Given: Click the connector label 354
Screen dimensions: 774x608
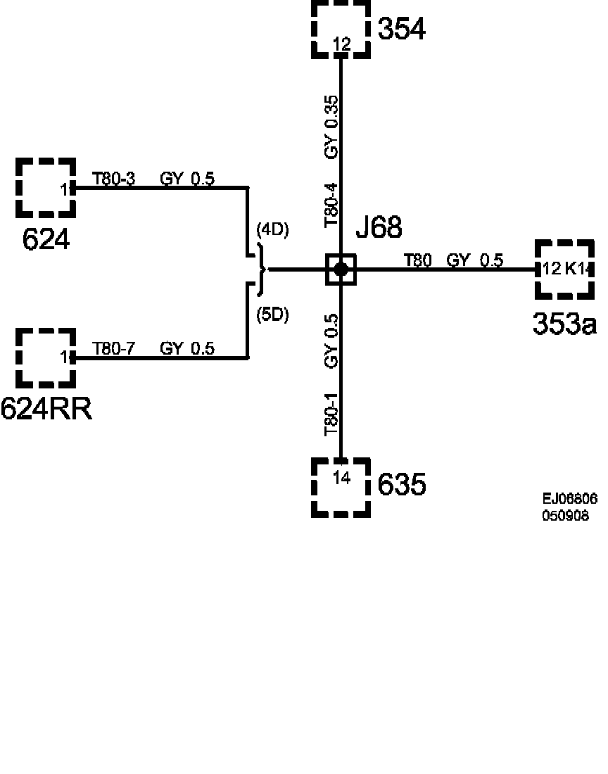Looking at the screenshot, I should click(x=402, y=30).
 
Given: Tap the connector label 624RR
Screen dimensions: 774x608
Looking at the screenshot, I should click(x=46, y=409).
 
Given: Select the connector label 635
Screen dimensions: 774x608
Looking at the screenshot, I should click(x=402, y=485).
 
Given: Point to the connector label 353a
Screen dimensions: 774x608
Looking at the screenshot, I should click(x=564, y=323).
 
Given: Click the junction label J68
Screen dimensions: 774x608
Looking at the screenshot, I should click(x=379, y=228).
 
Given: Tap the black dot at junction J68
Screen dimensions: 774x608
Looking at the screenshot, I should click(x=341, y=269).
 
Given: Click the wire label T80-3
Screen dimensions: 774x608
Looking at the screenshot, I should click(x=114, y=179).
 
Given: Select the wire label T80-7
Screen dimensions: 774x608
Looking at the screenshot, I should click(x=114, y=348).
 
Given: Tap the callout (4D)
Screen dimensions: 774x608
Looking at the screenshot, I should click(x=273, y=229).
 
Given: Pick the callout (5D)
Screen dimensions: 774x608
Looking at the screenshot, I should click(x=273, y=315).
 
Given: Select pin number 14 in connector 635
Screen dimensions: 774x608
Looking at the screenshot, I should click(x=341, y=478).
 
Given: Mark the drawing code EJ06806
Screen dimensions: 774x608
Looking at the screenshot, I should click(x=569, y=499).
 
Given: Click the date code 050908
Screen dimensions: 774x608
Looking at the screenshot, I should click(x=565, y=515).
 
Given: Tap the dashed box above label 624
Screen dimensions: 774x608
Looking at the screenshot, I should click(x=46, y=187).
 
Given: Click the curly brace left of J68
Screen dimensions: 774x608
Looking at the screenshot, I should click(x=261, y=269).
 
